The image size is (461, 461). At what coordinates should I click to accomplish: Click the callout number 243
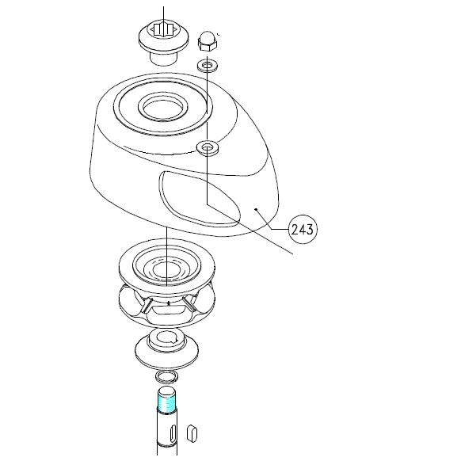coord(303,230)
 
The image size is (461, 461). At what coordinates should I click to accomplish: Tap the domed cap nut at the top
coord(208,41)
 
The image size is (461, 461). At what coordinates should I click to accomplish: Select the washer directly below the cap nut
coord(208,65)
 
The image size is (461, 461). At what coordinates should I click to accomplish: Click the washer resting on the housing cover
coord(208,147)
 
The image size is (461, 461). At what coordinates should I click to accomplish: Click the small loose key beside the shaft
coord(192,433)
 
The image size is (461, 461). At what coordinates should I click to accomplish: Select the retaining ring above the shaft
coord(166,376)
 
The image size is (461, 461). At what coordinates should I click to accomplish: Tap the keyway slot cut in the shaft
coord(173,433)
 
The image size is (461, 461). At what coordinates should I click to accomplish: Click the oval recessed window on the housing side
coord(200,199)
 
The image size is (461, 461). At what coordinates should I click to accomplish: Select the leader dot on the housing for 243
coord(257,209)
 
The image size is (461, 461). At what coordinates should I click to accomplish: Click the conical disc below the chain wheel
coord(166,349)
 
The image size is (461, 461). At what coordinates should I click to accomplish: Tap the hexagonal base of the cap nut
coord(208,44)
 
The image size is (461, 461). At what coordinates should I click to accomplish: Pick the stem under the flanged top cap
coord(163,58)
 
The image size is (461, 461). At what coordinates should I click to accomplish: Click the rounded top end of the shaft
coord(167,391)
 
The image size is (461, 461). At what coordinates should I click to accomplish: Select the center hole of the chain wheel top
coord(166,269)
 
